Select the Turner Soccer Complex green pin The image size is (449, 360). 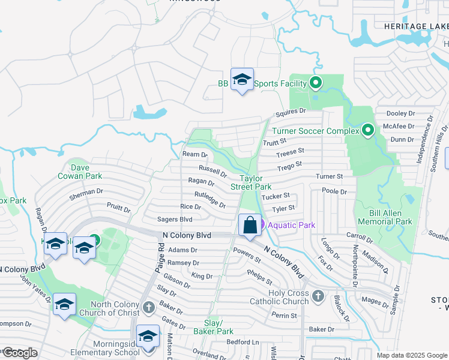(368, 130)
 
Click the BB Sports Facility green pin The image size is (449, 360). (316, 83)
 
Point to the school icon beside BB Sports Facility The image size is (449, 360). (242, 79)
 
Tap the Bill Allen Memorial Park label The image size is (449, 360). (382, 217)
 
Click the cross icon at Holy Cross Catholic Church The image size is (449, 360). (318, 296)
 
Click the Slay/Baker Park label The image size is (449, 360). (213, 326)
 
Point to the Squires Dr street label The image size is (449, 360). (291, 112)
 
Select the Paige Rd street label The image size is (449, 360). (161, 255)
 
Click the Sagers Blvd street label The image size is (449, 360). (174, 220)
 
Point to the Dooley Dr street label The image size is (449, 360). (400, 113)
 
